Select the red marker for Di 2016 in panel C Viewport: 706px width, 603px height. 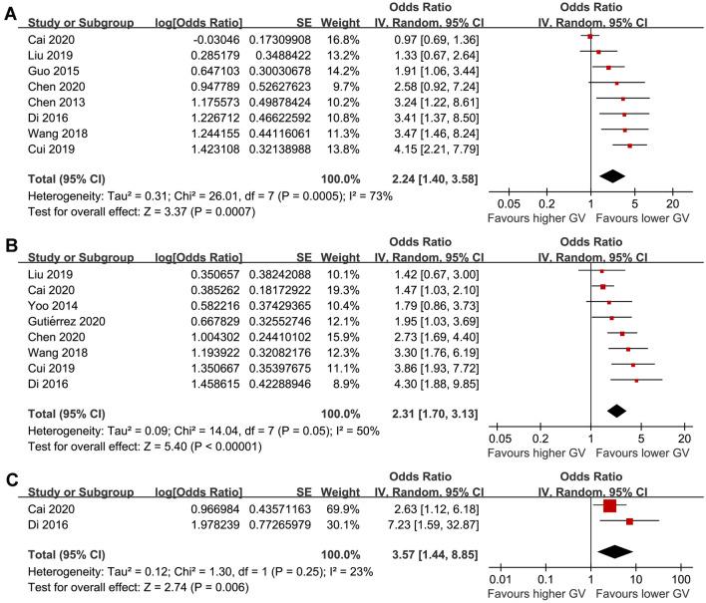click(629, 521)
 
